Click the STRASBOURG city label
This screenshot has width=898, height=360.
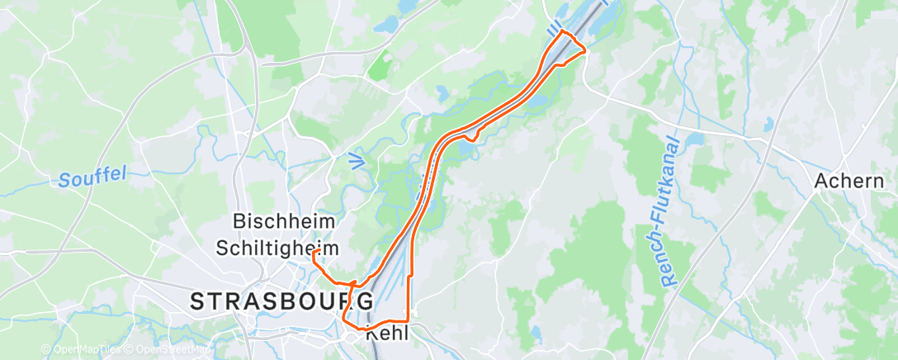pos(281,301)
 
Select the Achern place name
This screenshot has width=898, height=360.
pos(849,181)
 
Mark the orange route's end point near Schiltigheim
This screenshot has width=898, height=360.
pos(315,252)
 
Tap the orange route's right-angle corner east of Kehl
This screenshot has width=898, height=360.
pos(409,320)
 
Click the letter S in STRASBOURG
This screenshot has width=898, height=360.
pos(198,301)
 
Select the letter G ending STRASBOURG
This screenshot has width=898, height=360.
pos(365,301)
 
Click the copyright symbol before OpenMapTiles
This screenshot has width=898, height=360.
pos(45,349)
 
